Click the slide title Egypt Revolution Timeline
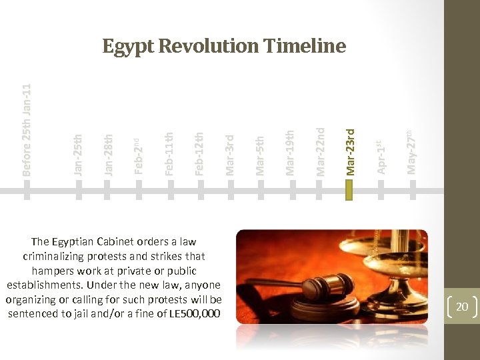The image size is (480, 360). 224,46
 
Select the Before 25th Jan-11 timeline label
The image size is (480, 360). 27,129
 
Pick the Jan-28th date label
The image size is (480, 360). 108,155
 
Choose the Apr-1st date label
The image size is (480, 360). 380,157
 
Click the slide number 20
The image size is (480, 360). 461,307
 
